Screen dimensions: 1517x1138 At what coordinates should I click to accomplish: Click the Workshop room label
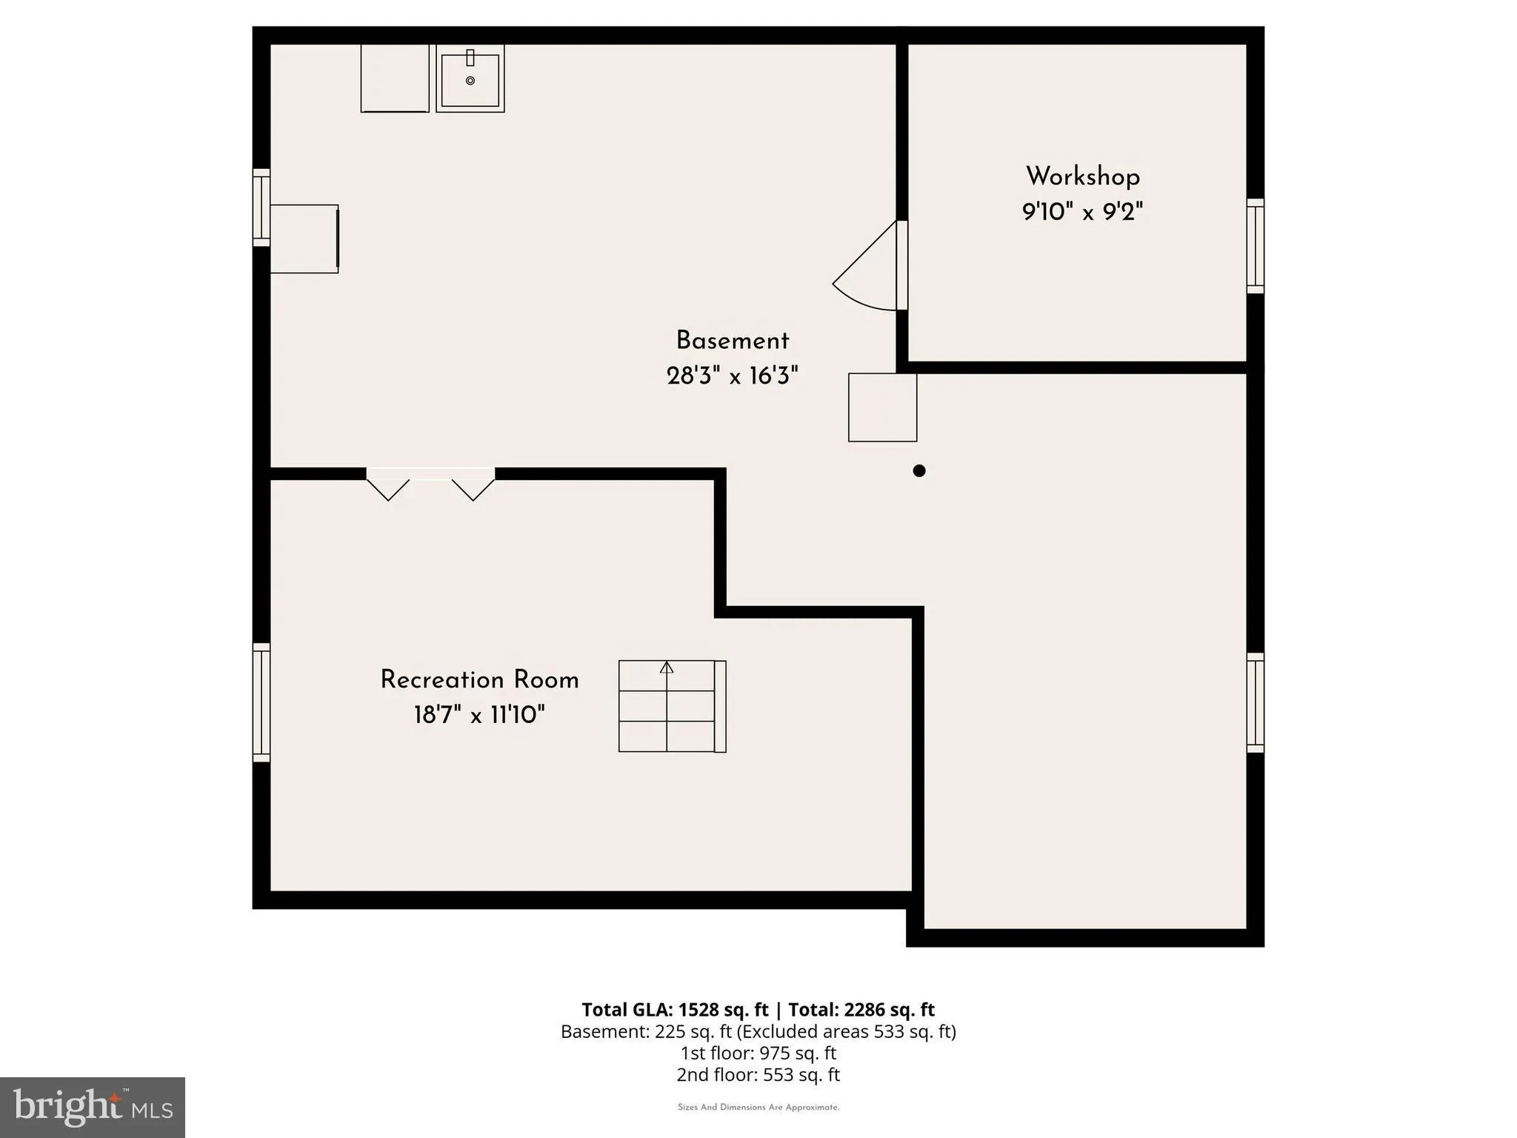1083,176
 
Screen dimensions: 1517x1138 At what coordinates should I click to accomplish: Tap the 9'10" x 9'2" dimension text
1083,213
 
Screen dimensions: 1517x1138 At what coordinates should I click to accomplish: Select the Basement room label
733,341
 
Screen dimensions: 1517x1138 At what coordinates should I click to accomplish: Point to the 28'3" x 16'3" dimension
733,376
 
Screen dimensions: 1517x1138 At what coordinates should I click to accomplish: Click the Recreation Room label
480,680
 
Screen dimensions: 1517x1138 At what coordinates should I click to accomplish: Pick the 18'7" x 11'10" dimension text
479,716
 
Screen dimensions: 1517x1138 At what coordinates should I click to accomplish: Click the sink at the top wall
470,79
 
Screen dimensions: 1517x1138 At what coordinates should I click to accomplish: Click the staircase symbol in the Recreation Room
673,707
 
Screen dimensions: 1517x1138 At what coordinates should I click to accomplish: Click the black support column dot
919,470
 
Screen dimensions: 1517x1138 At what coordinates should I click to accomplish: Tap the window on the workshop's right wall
1255,246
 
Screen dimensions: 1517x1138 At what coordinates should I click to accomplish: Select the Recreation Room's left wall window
261,702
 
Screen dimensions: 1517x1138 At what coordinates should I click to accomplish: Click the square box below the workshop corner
883,407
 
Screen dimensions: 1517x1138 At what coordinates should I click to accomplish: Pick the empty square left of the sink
395,79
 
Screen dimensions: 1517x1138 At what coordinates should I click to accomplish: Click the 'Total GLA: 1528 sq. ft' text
675,1010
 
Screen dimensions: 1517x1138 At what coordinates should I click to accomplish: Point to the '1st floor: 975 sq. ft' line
758,1053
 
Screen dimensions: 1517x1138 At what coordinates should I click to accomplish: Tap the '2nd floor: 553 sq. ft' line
758,1074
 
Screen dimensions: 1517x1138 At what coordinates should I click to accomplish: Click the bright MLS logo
93,1108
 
